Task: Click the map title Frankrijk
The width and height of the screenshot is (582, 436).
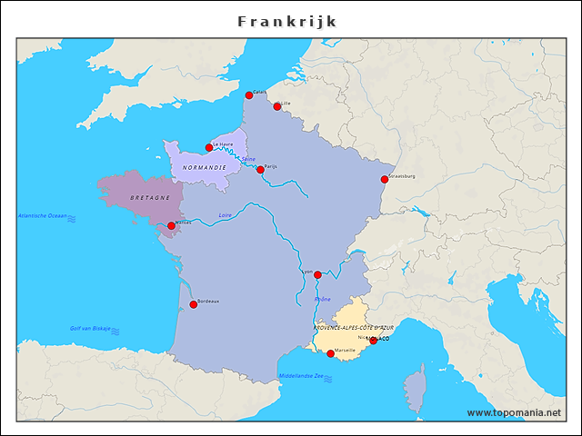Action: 287,21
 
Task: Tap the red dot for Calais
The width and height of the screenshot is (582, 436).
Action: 249,95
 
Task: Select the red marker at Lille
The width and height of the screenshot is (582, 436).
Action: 277,106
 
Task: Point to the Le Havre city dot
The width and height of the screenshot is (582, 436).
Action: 209,147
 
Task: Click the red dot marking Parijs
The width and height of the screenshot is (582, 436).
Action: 260,170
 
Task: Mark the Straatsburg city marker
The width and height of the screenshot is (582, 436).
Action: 384,179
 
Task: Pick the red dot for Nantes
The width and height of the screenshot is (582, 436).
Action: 171,225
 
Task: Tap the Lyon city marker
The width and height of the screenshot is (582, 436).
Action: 317,274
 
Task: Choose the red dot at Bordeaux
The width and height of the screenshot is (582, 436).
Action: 193,304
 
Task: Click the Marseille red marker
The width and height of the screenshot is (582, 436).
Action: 330,353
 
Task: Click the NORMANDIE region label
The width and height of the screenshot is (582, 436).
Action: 204,168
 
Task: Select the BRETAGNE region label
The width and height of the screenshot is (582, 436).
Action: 149,198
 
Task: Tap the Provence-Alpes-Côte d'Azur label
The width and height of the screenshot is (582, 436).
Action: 354,327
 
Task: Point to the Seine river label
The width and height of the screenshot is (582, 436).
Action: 248,159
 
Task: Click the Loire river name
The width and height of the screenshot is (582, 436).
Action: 226,215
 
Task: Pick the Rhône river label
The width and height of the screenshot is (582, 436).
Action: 323,299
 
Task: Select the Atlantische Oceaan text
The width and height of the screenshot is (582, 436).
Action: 43,216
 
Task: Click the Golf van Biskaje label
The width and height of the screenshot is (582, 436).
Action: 90,328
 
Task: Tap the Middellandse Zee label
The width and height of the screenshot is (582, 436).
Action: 300,376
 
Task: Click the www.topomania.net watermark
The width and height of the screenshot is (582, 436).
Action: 513,413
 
